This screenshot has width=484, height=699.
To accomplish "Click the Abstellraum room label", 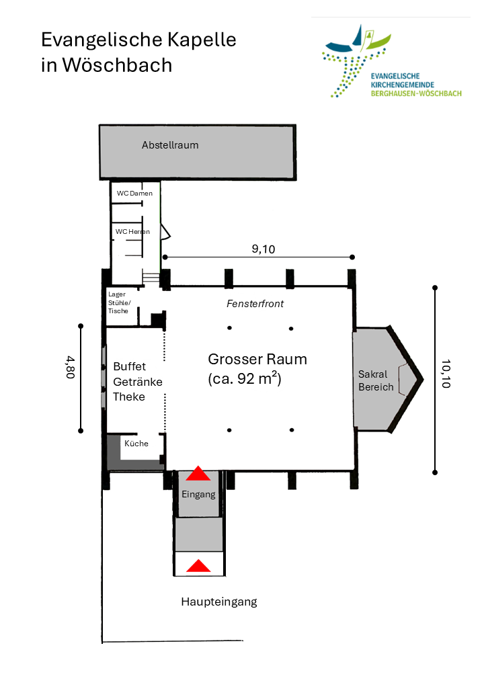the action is coord(170,145).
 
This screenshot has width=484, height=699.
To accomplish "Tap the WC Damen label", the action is coord(134,194).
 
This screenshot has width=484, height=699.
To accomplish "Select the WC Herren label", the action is coord(132,232).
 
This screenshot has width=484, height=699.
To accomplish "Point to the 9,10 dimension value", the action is coord(264,249).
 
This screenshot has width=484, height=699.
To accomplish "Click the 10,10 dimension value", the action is coord(446,374).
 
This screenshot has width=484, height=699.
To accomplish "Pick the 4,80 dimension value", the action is coord(71,368).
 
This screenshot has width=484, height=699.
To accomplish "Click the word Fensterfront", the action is coord(255,304).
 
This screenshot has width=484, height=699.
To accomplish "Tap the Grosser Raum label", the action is coord(257,360).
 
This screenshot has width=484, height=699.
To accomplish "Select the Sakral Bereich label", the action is coord(376,380).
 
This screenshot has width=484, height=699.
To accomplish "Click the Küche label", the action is coord(136,444).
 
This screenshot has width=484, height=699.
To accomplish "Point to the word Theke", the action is coord(129,397).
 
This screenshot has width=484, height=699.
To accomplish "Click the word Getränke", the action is coord(138,382).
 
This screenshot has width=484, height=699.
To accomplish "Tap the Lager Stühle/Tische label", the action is coord(120,302).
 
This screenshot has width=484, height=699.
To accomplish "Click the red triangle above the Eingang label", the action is coord(198,473).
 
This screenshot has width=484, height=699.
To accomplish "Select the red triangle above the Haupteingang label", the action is coord(198,566).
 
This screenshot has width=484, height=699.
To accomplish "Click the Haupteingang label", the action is coord(219,602).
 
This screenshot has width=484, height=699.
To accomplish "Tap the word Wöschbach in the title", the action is coord(117,65).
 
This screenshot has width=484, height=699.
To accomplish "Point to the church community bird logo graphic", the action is coord(356,60).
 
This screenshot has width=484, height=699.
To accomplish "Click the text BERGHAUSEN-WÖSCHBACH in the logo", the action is coord(416,93).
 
